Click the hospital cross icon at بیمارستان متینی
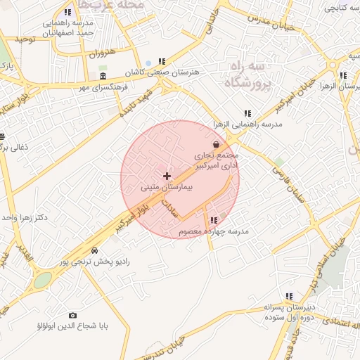pos(167,175)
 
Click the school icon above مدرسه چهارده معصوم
pos(214,220)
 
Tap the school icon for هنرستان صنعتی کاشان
pos(162,61)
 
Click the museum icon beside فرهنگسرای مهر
pos(103,76)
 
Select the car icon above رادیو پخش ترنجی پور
pos(94,250)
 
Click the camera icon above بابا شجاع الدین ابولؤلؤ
pos(72,316)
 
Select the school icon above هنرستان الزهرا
pos(342,75)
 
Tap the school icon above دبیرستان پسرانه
pos(289,297)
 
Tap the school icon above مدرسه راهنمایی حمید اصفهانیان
pos(67,12)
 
